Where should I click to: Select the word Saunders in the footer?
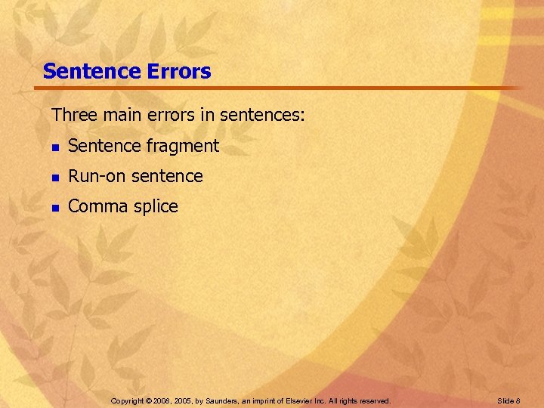(x=227, y=400)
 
